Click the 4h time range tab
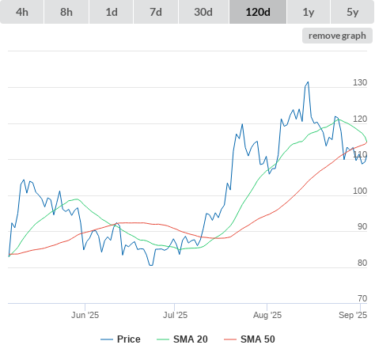coord(22,12)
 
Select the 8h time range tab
coord(66,12)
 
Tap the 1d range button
coord(112,12)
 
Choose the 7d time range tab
coord(156,12)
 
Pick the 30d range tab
coord(203,12)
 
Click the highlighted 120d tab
coord(258,12)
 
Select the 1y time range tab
coord(309,12)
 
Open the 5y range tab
coord(353,12)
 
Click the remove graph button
coord(337,36)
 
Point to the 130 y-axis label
coord(360,82)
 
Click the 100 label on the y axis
coord(360,191)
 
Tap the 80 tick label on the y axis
coord(362,263)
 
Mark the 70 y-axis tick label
coord(362,298)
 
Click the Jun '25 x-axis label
coord(85,315)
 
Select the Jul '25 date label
coord(175,315)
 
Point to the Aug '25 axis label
coord(267,315)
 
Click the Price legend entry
coord(120,339)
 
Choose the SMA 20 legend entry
coord(182,339)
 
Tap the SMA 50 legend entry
coord(249,339)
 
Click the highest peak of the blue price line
coord(308,82)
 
